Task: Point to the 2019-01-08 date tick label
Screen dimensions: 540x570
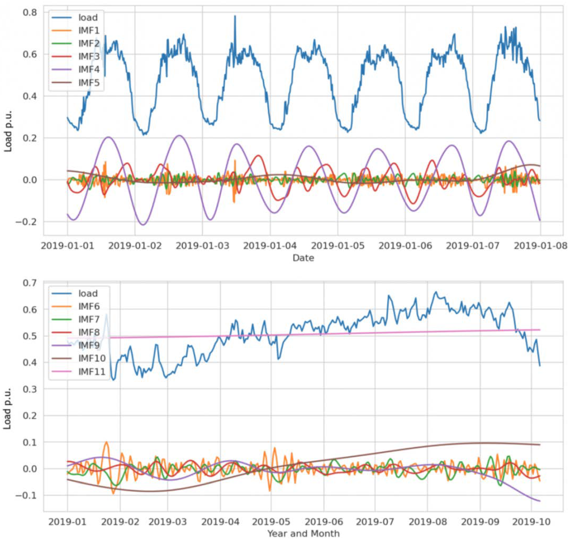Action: (540, 246)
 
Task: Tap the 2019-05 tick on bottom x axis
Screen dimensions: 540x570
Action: (271, 521)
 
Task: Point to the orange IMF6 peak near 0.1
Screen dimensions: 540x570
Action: (107, 442)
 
